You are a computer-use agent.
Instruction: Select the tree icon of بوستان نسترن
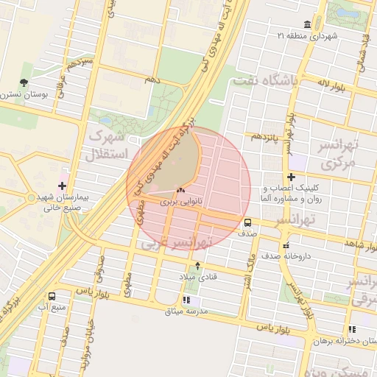coord(24,83)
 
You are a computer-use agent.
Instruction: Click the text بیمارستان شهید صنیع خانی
coord(62,202)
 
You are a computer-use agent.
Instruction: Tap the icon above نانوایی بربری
coord(180,190)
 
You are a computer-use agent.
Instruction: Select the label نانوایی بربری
coord(180,201)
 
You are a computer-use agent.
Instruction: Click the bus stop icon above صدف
coord(247,221)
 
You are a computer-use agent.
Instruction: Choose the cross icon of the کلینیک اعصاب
coord(292,177)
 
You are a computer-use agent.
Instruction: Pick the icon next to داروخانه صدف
coord(286,247)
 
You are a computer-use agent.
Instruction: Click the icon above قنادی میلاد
coord(197,266)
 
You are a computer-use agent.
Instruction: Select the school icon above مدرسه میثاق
coord(186,300)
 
